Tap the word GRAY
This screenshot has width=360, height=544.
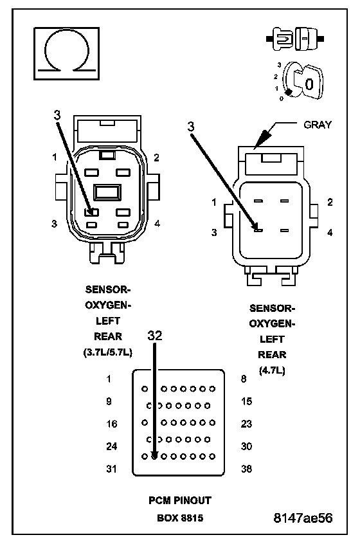(318, 125)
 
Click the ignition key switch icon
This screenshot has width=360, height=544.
(301, 82)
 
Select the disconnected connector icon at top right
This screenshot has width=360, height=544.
(295, 39)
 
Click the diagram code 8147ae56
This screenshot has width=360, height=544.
(303, 518)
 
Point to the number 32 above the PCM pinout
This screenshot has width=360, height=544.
(155, 336)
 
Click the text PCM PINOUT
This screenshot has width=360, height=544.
(179, 501)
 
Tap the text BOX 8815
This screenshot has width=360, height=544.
(180, 518)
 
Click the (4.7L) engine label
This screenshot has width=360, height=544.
(272, 370)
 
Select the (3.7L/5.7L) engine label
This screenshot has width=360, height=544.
(108, 352)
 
